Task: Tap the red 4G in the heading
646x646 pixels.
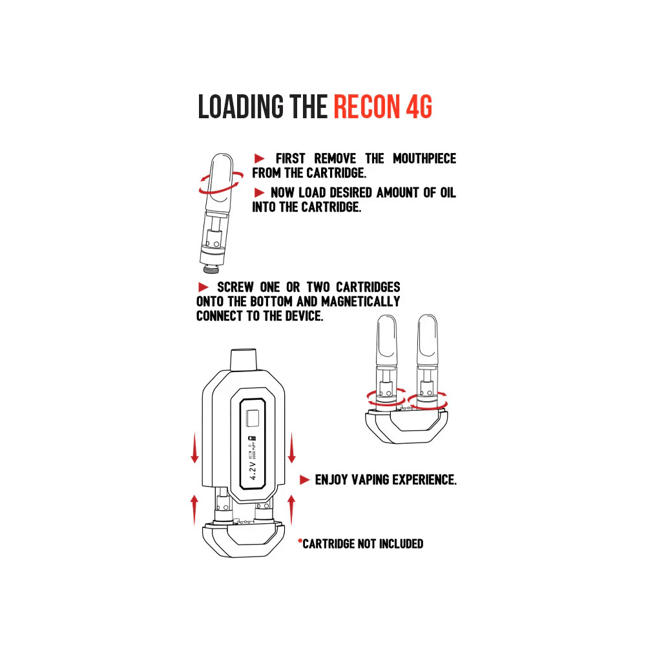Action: [x=419, y=107]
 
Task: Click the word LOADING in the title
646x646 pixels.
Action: [x=240, y=107]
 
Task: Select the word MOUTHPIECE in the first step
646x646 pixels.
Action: [x=424, y=158]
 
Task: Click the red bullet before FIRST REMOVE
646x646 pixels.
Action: [x=259, y=158]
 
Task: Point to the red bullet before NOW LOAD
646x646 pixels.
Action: [x=259, y=193]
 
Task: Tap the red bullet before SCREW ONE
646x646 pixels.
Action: [x=203, y=287]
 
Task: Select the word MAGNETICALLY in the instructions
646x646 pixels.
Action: [x=360, y=301]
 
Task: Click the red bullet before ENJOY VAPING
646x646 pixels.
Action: [x=304, y=479]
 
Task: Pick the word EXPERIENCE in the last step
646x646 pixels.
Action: [x=424, y=479]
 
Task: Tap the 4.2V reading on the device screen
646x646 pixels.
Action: [x=253, y=470]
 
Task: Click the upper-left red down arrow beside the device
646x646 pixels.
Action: [x=195, y=448]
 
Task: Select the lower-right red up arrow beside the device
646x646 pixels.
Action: [x=291, y=510]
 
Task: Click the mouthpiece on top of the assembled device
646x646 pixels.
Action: [x=243, y=360]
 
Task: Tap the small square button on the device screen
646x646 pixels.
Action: [x=253, y=418]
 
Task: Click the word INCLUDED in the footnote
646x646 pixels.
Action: [x=401, y=544]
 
